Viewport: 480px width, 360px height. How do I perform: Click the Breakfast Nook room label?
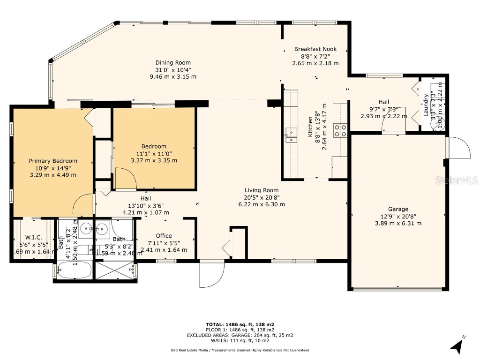(315, 49)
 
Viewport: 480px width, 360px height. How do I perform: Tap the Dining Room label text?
(173, 62)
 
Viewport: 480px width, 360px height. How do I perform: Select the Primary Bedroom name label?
(53, 161)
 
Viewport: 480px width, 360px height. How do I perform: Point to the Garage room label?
(397, 209)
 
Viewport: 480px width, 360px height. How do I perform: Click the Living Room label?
(262, 190)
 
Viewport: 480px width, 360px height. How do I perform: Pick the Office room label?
(164, 236)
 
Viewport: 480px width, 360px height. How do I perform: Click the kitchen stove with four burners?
(340, 130)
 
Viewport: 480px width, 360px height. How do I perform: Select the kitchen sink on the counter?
(291, 135)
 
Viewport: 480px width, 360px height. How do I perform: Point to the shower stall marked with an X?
(115, 270)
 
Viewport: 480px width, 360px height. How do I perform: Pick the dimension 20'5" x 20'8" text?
(262, 197)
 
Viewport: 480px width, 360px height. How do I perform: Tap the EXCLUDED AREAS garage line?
(240, 335)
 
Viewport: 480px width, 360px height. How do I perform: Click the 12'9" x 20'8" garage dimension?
(397, 216)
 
